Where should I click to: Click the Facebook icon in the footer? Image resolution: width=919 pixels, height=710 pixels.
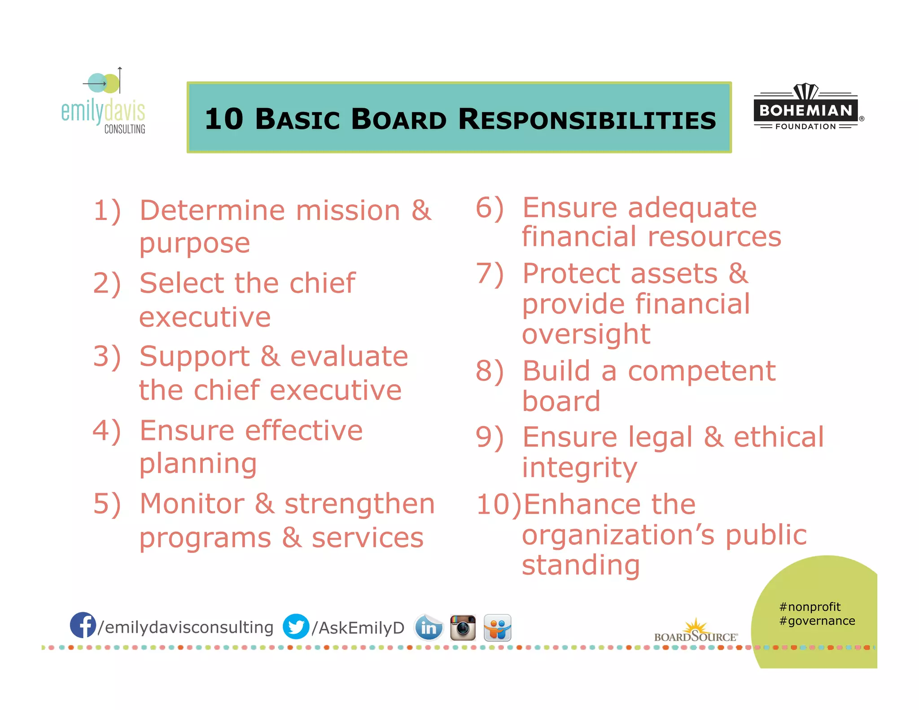click(x=83, y=625)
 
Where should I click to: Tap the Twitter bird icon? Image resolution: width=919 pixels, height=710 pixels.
click(x=296, y=627)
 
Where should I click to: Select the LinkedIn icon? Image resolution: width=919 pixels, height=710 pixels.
click(x=428, y=627)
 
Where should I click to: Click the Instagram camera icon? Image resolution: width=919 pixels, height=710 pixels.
click(x=463, y=627)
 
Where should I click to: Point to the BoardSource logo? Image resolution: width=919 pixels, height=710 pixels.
click(x=696, y=631)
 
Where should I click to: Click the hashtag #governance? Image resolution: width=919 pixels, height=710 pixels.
click(x=817, y=621)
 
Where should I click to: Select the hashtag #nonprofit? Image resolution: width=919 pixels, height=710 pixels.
click(x=810, y=607)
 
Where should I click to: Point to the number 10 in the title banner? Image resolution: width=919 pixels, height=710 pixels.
click(x=224, y=119)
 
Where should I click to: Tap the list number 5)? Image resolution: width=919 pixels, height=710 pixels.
click(x=107, y=504)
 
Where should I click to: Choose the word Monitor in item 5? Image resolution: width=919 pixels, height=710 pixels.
click(x=192, y=504)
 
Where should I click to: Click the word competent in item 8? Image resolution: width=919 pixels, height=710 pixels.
click(x=701, y=371)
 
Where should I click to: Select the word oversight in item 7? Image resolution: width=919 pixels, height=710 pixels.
click(x=586, y=334)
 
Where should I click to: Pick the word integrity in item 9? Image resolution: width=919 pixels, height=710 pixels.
click(x=579, y=468)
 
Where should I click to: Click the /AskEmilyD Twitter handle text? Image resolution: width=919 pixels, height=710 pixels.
click(x=358, y=628)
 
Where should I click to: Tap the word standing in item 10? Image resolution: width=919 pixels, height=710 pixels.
click(x=581, y=565)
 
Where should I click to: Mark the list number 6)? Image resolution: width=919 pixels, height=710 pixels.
click(x=490, y=208)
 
